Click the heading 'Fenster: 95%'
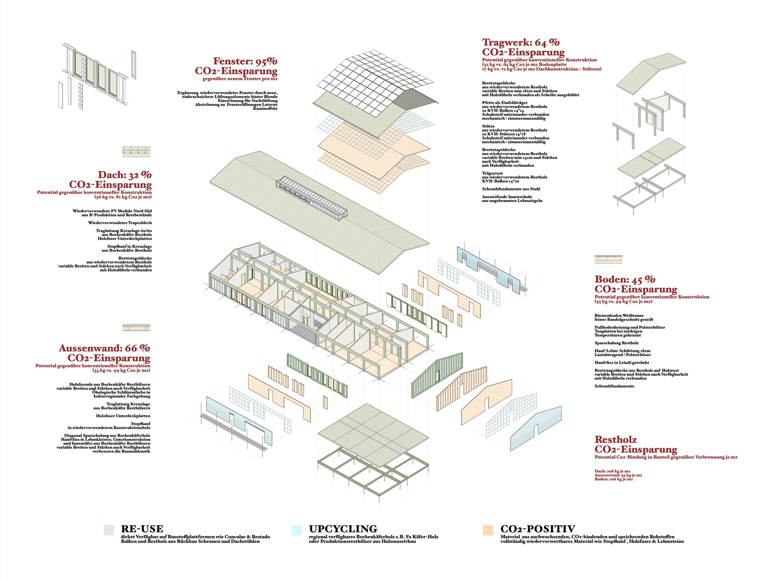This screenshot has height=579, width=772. (x=245, y=62)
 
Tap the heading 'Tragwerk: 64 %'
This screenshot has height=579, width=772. (x=521, y=43)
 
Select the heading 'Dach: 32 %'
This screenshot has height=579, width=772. (x=125, y=175)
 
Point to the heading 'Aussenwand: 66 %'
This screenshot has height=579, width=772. (x=104, y=348)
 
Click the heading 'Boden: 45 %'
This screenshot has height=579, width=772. (x=625, y=279)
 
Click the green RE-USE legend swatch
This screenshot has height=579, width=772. (x=109, y=530)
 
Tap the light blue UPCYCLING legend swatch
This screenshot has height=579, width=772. (x=296, y=530)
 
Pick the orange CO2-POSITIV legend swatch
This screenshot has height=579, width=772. (x=488, y=530)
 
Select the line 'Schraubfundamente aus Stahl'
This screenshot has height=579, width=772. (x=511, y=189)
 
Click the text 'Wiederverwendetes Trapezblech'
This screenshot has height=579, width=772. (x=120, y=223)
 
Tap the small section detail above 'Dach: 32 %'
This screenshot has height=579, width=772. (x=136, y=151)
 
